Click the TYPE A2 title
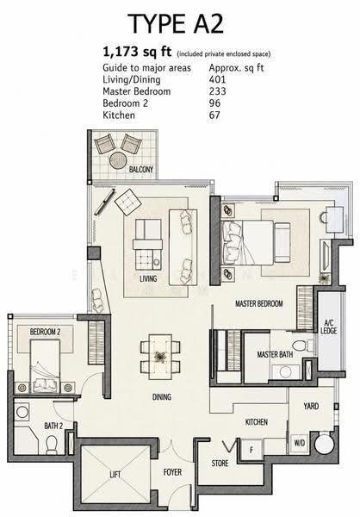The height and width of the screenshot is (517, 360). coord(176,23)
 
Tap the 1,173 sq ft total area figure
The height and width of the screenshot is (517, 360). coord(137,52)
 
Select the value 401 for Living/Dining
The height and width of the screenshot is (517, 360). coord(217,79)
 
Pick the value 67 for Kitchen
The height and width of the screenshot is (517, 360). coord(214,115)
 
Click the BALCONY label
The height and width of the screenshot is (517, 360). coord(141,170)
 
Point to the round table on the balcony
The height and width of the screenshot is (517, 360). coord(118,160)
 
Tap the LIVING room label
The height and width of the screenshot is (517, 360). coord(148,279)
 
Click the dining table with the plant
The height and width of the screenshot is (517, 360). coord(160,357)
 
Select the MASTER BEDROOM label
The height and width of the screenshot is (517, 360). coord(258,303)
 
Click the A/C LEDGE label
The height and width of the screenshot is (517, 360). coord(329,327)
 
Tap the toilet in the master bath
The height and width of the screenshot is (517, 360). coord(302,346)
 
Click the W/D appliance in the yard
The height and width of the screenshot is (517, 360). coord(300,443)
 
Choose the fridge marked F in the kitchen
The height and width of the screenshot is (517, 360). coord(251,450)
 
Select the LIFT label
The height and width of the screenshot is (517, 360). coord(115,475)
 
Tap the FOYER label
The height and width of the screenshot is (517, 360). coord(172,472)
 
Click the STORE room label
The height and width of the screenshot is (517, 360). coord(220,464)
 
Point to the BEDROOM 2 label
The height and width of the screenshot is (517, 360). coord(45,332)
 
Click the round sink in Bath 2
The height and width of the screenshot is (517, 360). coord(22,412)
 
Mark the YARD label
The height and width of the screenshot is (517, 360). coord(311,406)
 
